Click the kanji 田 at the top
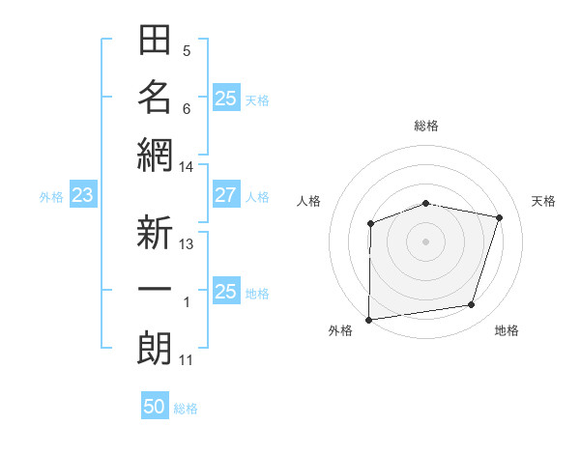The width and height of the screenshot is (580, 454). pos(155,41)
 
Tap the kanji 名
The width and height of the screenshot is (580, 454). pos(155,98)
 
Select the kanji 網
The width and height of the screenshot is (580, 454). pos(155,155)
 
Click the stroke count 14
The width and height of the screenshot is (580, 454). pos(187,167)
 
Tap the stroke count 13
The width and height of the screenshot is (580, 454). pos(187,244)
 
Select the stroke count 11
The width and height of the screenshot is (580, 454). pos(187,360)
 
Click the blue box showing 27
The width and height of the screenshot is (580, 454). pos(225,196)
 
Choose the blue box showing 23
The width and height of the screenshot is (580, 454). pos(83,196)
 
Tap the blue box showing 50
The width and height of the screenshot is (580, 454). pos(155,407)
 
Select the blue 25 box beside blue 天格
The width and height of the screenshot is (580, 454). pos(225,99)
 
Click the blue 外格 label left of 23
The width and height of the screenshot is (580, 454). pos(51,197)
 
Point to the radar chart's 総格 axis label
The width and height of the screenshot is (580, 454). pos(426,126)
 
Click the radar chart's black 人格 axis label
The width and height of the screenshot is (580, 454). pos(309,201)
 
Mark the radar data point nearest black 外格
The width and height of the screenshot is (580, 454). pos(368,320)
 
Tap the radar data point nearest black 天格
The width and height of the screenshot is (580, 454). pos(499,217)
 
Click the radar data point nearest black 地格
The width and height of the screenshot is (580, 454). pos(472,305)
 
